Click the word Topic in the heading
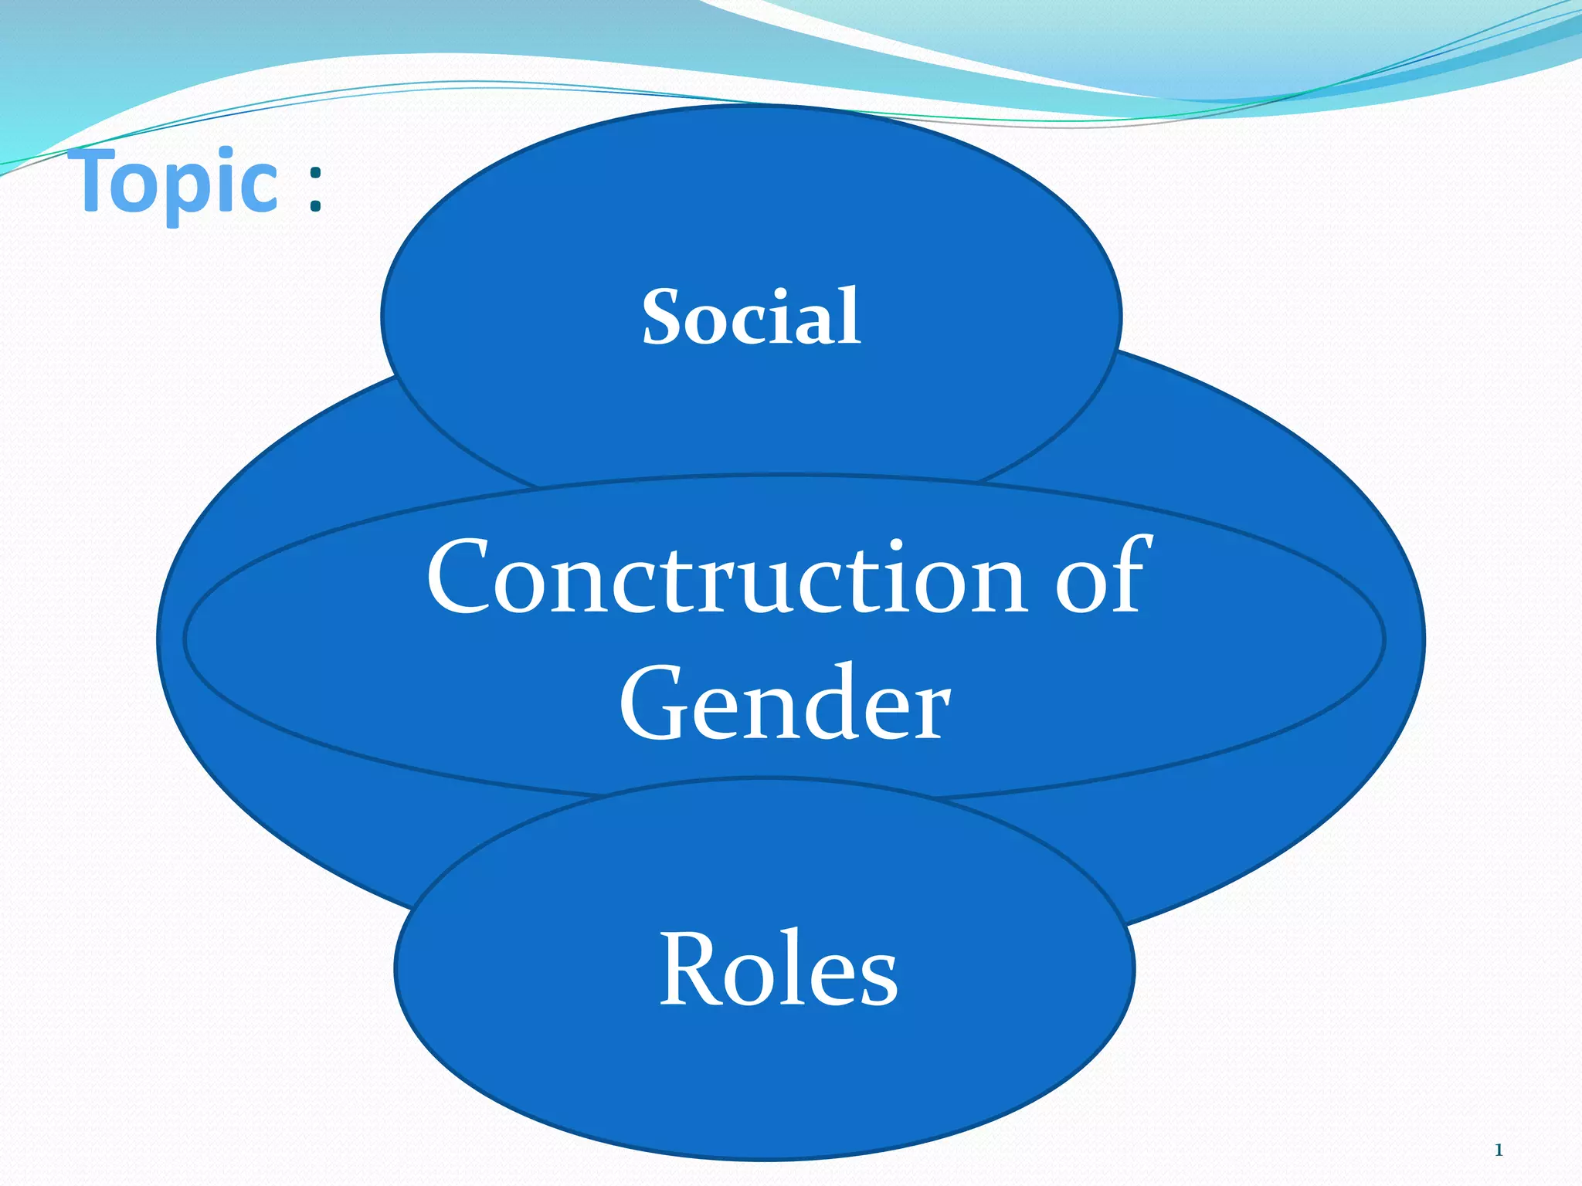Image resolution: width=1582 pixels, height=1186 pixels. pos(178,181)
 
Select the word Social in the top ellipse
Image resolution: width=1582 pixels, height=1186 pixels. pos(751,316)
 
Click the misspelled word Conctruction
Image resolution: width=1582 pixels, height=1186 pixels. pos(727,578)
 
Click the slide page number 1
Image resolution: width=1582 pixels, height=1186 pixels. pos(1498,1150)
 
